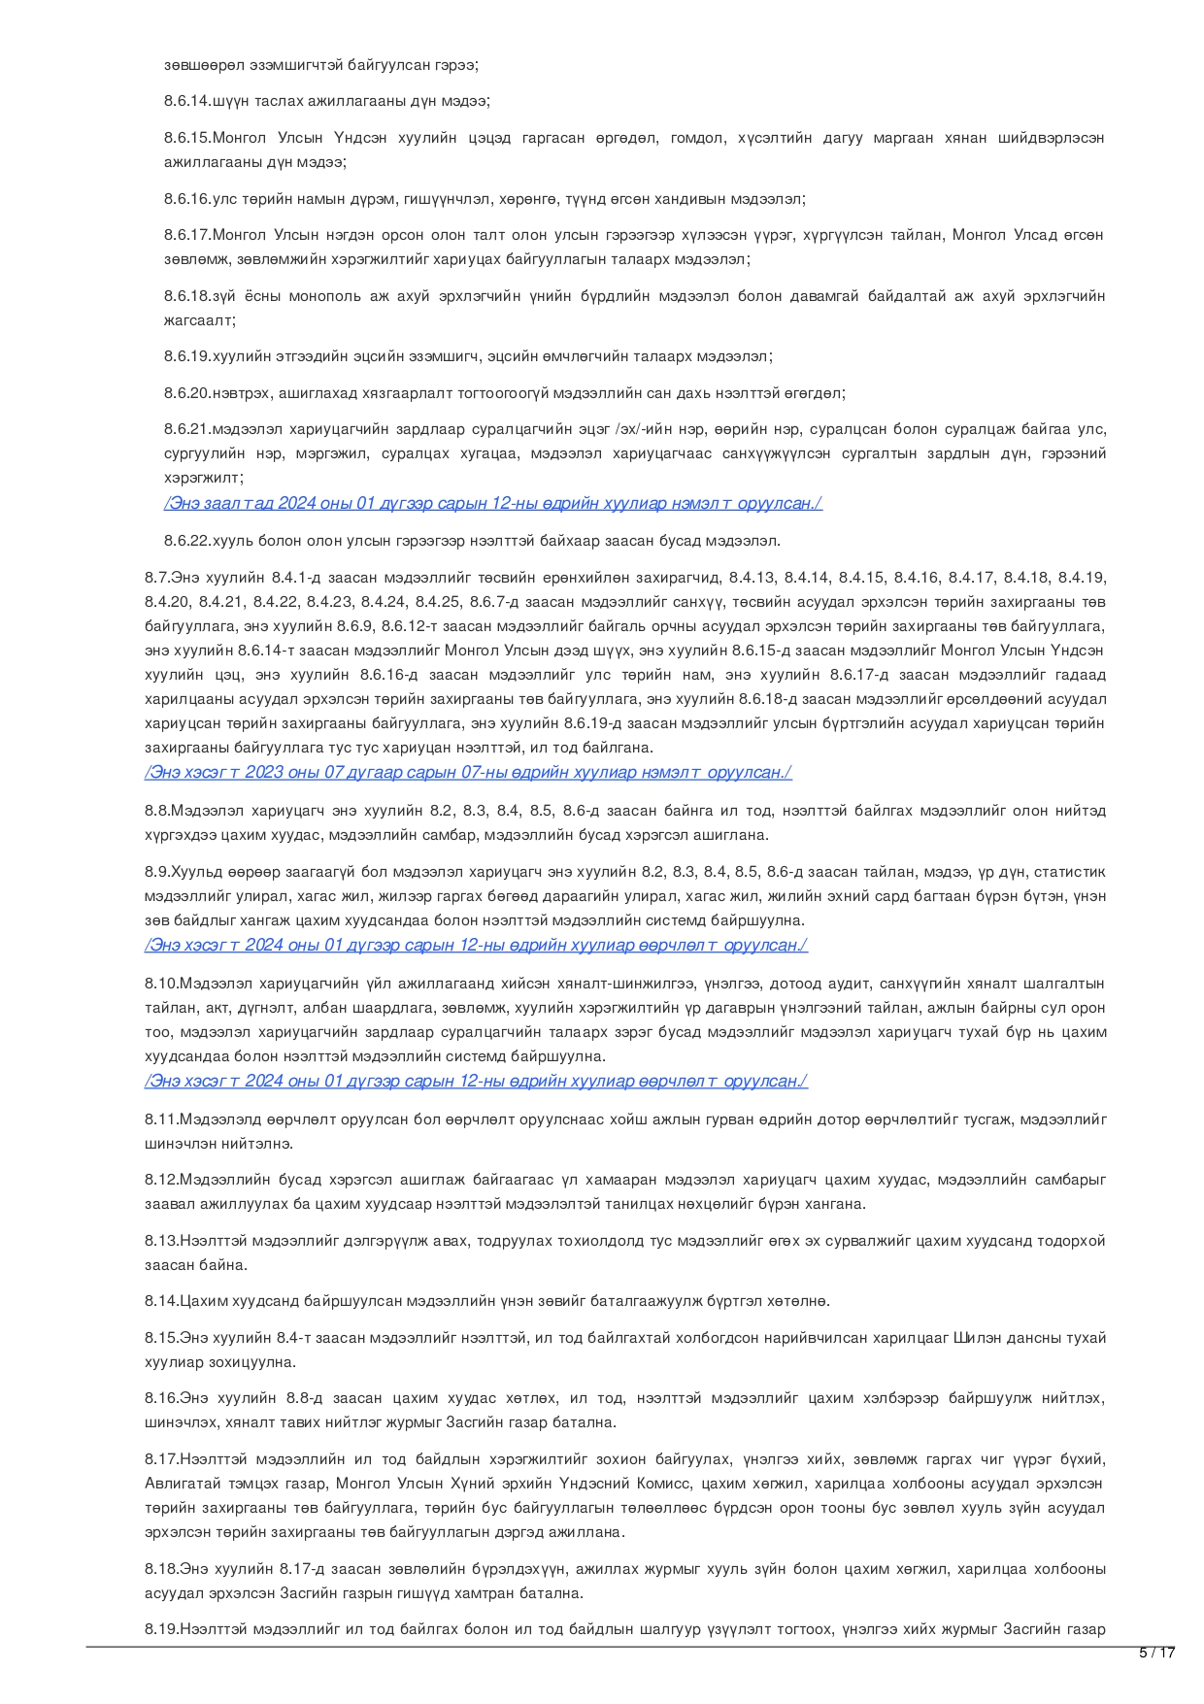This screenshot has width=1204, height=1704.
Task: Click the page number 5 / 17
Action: click(1156, 1653)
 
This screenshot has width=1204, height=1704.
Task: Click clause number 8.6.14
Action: click(187, 101)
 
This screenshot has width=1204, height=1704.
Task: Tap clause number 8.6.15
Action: click(187, 138)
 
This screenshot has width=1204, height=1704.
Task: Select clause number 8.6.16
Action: click(187, 199)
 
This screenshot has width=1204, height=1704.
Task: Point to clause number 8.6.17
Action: click(187, 235)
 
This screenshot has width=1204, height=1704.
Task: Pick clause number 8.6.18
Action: click(187, 296)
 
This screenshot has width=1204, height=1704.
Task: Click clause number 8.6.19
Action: click(187, 356)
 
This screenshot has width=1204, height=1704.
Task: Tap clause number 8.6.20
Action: click(187, 393)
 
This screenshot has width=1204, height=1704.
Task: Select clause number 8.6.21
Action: click(187, 429)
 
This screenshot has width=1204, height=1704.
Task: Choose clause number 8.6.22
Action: click(187, 540)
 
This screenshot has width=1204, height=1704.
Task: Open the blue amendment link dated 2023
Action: click(468, 773)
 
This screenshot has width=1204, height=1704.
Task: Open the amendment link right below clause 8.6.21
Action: click(493, 503)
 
